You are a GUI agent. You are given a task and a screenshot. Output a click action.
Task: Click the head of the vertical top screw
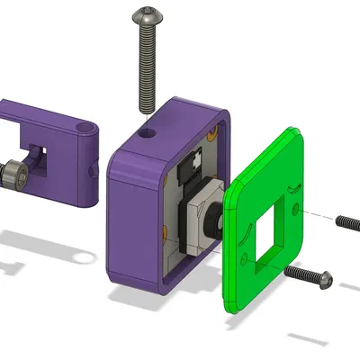(146, 15)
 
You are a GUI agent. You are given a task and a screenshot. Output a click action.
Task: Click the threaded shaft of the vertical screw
(146, 67)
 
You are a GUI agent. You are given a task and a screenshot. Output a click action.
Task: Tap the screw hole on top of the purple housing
(146, 130)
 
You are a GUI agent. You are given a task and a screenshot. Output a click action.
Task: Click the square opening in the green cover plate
(267, 232)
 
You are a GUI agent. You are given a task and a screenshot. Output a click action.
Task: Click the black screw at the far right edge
(348, 220)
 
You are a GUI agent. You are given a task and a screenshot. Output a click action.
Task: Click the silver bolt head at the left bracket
(13, 170)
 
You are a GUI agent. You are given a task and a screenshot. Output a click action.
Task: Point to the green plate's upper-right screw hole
(293, 187)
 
